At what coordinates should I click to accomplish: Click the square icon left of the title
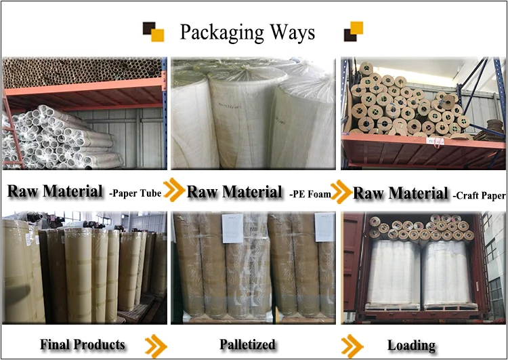tap(153, 32)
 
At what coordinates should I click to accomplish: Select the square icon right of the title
tap(353, 32)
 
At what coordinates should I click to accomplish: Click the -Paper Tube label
tap(135, 194)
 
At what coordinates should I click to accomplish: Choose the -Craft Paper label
tap(480, 195)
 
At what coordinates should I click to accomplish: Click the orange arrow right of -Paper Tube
tap(174, 191)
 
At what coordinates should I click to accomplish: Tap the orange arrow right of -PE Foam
tap(343, 191)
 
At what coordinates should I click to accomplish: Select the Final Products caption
tap(82, 344)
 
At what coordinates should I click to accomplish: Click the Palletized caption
tap(247, 344)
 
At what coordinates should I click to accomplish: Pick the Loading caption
tap(411, 345)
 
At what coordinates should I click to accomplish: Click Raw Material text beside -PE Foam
tap(234, 192)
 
